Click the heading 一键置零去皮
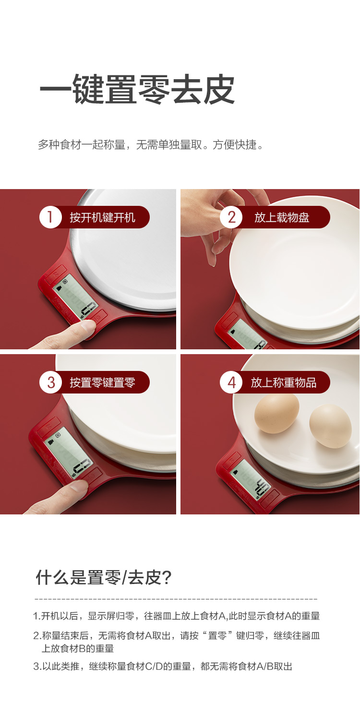coord(137,89)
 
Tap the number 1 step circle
coord(50,217)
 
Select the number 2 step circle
coord(231,217)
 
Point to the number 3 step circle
coord(51,382)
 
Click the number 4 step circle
coord(231,382)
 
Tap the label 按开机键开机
coord(102,217)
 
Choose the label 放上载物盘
coord(281,217)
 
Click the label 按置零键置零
coord(102,382)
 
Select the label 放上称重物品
coord(283,382)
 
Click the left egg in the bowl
coord(276,413)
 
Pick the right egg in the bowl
coord(330,426)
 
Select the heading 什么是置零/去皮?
coord(103,578)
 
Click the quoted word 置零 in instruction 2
coord(217,635)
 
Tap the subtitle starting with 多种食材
coord(151,144)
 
